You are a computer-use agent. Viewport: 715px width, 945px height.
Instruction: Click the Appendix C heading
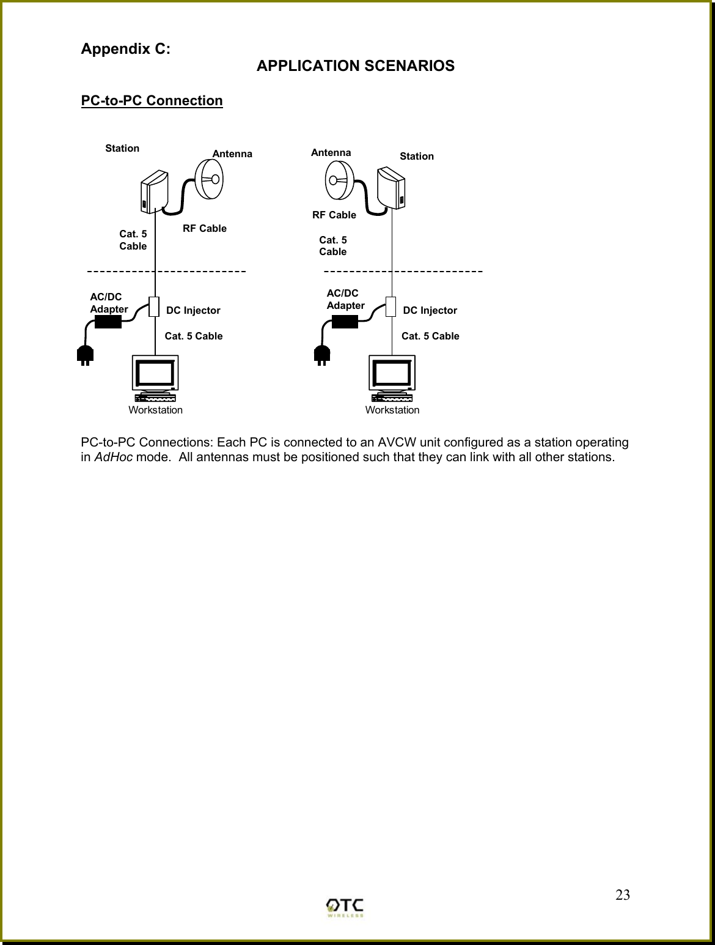(x=126, y=50)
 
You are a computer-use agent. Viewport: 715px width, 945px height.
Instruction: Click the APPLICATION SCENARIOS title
(x=355, y=66)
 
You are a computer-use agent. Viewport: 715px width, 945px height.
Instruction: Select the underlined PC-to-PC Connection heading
(x=152, y=100)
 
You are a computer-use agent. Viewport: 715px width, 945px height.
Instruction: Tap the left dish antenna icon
(x=208, y=178)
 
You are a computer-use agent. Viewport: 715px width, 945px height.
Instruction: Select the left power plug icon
(x=85, y=355)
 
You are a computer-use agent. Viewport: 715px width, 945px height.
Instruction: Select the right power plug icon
(x=321, y=355)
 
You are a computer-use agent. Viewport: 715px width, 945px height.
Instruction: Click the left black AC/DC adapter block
(x=108, y=321)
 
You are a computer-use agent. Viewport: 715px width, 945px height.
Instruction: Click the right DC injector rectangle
(x=391, y=307)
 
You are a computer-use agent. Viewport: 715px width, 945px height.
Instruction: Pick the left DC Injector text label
(x=193, y=311)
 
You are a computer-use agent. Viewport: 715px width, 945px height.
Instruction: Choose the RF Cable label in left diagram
(x=205, y=228)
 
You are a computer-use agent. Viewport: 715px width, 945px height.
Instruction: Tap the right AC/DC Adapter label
(x=345, y=299)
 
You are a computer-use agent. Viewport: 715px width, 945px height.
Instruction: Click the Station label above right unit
(x=416, y=157)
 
